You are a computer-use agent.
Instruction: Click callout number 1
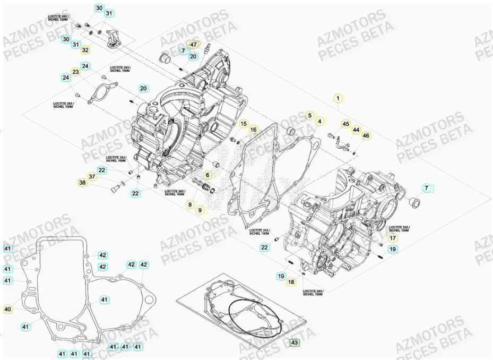click(x=337, y=98)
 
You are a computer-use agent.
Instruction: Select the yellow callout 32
click(x=85, y=50)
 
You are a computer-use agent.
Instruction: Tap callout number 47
click(x=193, y=45)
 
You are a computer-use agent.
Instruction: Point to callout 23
click(x=76, y=72)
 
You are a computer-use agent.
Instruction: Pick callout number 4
click(x=319, y=122)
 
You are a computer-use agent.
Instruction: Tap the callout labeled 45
click(x=345, y=124)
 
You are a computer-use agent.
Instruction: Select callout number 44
click(x=356, y=130)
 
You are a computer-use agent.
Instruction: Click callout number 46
click(x=366, y=136)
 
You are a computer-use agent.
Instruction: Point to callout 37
click(x=92, y=177)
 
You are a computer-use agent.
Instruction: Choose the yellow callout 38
click(x=82, y=183)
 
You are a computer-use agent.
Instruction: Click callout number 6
click(x=208, y=175)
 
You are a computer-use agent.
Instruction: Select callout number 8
click(x=189, y=204)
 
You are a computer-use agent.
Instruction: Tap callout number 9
click(x=200, y=210)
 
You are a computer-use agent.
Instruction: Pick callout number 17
click(x=392, y=239)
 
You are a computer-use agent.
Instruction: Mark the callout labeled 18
click(x=291, y=282)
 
